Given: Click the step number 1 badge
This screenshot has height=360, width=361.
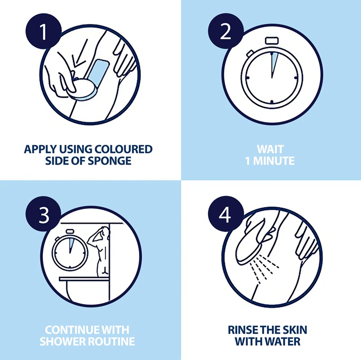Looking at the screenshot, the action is pos(43,31).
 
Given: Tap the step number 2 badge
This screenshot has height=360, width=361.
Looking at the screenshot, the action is pos(226,31).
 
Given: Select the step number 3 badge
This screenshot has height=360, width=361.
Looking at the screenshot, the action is pos(43,214).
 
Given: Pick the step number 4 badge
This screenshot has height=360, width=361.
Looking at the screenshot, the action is pos(226,214).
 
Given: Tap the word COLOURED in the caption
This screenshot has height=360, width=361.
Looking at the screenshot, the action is pos(123,149).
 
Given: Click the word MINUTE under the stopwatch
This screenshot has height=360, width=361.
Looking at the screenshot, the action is pos(274,161).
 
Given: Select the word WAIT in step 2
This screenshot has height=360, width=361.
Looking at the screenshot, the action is pos(270,149).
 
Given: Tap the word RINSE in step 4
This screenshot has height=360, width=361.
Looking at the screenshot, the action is pos(242,330).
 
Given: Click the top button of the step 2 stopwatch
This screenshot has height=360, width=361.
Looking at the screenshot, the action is pos(272,41).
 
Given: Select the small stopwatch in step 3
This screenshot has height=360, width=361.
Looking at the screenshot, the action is pos(70,250).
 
